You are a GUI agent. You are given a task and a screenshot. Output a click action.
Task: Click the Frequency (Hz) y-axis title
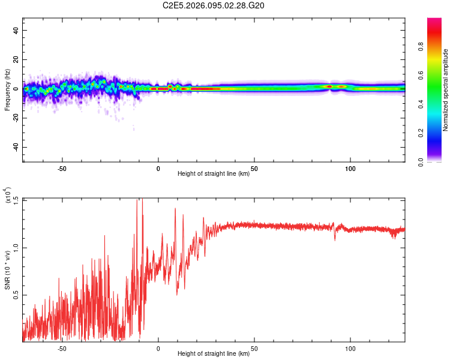click(7, 89)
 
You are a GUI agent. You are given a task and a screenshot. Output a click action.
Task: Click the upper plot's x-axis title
click(214, 174)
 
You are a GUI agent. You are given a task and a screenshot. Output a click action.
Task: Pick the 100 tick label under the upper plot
click(350, 169)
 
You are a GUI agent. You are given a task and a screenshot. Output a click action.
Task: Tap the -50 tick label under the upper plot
click(61, 169)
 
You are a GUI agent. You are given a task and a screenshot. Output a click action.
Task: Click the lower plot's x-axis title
click(214, 353)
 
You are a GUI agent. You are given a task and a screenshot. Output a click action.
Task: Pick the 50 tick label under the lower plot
click(254, 347)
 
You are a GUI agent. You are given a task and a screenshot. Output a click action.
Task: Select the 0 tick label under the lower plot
click(158, 347)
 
